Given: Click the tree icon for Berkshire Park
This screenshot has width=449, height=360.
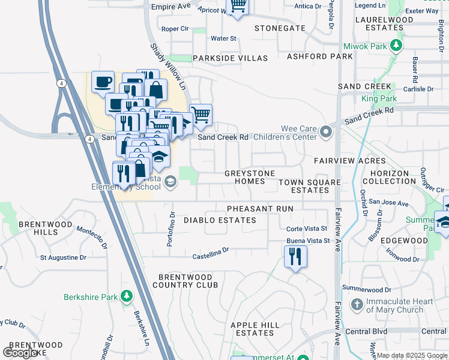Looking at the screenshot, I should point(126,296).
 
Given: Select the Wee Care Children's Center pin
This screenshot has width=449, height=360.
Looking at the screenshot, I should point(326,131).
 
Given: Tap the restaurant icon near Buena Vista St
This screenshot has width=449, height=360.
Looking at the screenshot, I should point(295,257).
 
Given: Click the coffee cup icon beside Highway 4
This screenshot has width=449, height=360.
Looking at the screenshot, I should point(103,82).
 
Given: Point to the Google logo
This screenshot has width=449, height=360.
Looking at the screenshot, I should point(20,353).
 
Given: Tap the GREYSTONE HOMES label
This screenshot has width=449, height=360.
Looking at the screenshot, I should point(249,177).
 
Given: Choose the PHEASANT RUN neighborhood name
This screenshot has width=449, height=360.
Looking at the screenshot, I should point(260,209).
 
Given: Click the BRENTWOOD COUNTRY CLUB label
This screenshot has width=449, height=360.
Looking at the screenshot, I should point(188,281).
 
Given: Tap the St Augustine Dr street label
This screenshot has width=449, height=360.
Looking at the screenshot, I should point(63,257).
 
